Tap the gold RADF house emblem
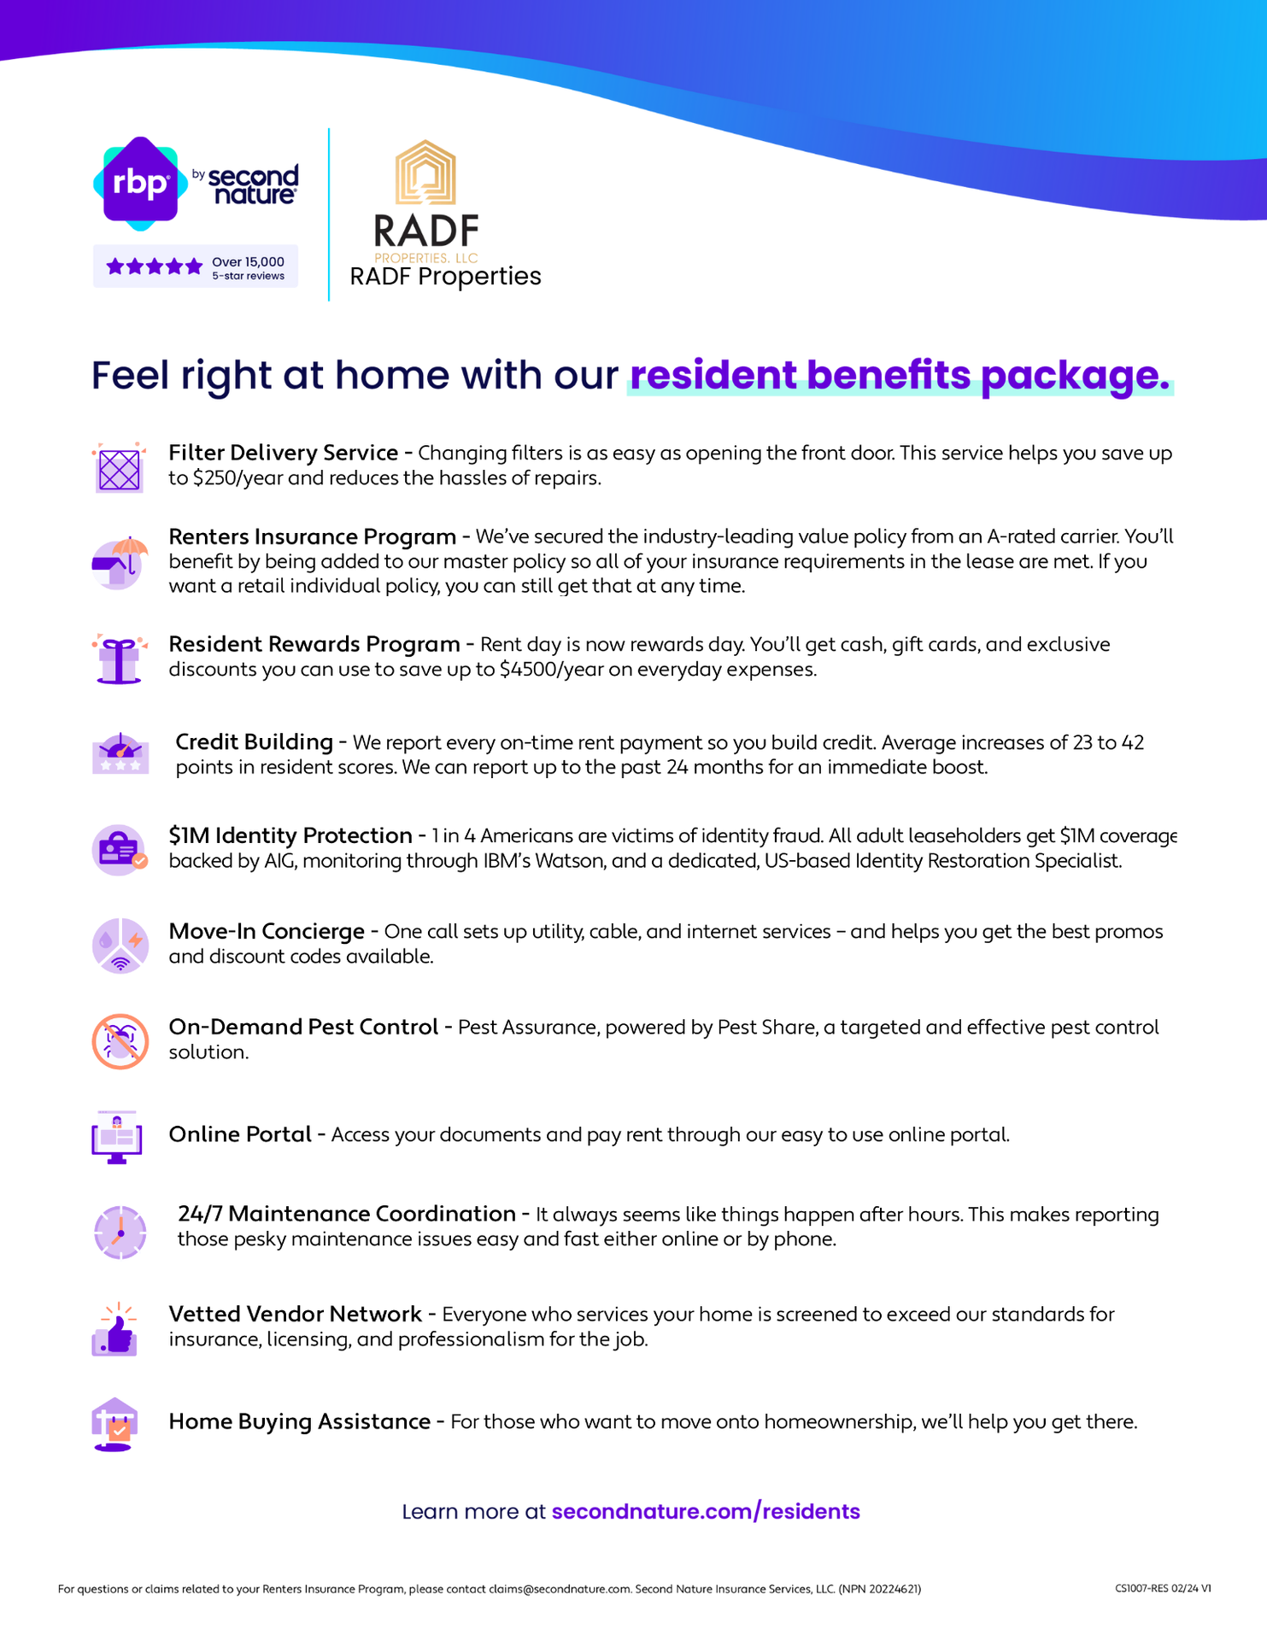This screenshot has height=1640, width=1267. point(425,173)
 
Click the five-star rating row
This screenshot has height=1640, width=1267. point(155,266)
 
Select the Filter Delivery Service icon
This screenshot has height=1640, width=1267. point(120,468)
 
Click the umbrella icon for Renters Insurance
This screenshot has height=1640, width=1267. point(120,562)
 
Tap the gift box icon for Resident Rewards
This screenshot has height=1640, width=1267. point(120,659)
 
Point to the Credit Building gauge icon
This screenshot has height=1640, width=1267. point(120,753)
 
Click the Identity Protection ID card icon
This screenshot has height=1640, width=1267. point(120,850)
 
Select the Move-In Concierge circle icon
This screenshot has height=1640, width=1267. point(120,946)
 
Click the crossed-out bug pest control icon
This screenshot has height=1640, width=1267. point(120,1041)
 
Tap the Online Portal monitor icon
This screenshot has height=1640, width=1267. point(117,1137)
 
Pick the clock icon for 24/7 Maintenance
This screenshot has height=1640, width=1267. point(120,1232)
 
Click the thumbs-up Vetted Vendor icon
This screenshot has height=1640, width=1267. point(116,1329)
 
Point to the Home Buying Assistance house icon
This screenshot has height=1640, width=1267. point(115,1424)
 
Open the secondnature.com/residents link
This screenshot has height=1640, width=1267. point(706,1511)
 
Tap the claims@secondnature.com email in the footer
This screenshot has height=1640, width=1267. point(560,1589)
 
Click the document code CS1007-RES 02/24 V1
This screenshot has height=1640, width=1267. point(1163,1589)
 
